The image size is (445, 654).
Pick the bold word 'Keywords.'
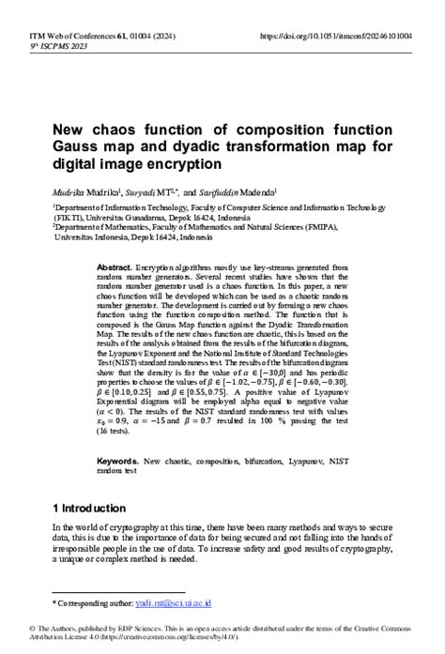pos(118,461)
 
